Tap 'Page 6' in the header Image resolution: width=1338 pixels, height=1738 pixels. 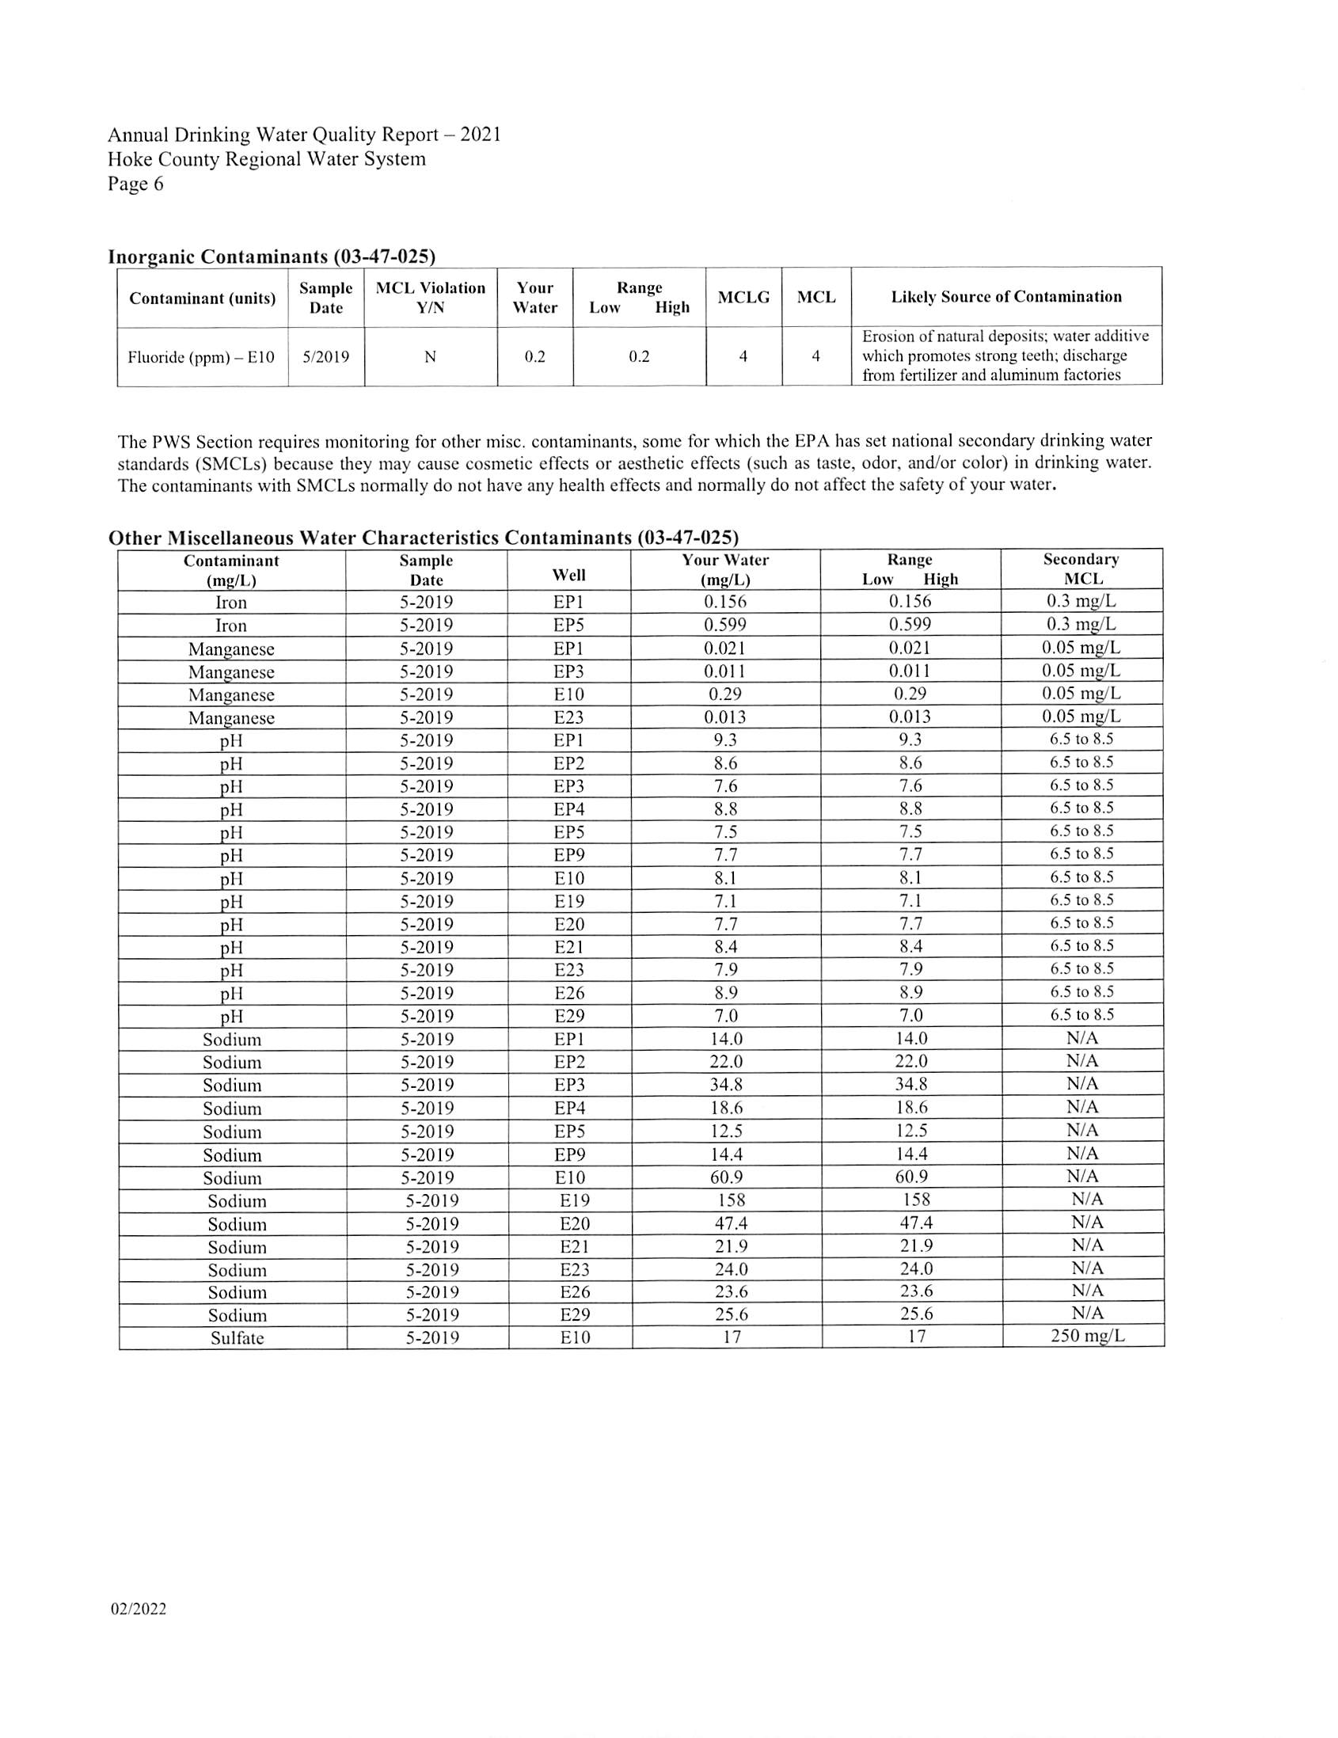tap(136, 184)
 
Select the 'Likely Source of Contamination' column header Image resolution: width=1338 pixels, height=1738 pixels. tap(1005, 297)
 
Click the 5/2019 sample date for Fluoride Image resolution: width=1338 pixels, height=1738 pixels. tap(326, 357)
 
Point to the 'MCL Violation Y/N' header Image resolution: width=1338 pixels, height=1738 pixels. tap(431, 298)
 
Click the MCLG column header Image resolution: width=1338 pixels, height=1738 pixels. tap(743, 298)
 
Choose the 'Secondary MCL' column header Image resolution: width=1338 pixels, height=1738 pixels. tap(1081, 569)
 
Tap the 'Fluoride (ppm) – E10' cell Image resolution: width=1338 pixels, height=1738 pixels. tap(201, 357)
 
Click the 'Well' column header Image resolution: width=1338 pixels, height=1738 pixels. tap(568, 575)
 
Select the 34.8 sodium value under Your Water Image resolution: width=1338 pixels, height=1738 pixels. tap(724, 1085)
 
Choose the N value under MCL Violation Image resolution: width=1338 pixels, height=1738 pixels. tap(430, 357)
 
